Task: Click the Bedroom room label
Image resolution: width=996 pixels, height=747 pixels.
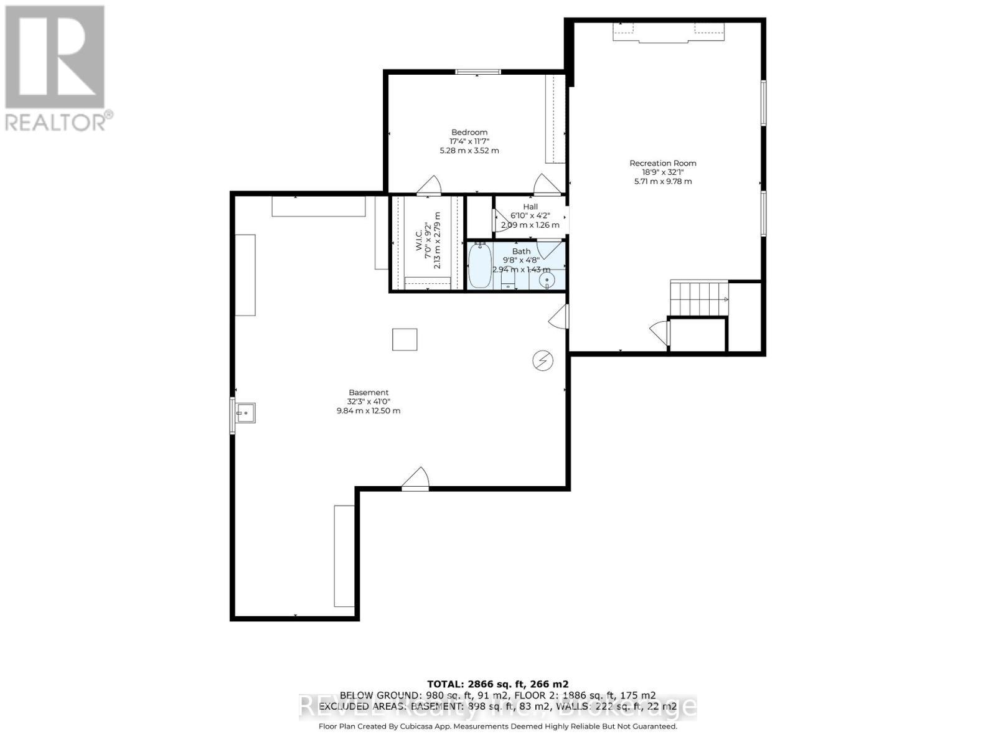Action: [469, 132]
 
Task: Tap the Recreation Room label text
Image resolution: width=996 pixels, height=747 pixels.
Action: [662, 163]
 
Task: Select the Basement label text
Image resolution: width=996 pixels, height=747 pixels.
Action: [369, 392]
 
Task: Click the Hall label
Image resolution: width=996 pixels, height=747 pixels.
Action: [530, 207]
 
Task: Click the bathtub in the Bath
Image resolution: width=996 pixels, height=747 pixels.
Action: [479, 266]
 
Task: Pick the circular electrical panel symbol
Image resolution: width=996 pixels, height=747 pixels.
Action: [543, 360]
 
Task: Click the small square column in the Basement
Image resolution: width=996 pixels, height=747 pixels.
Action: [405, 339]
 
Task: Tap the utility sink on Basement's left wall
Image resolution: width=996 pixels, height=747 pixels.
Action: [244, 413]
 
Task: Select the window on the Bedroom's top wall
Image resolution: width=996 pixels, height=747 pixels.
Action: [478, 72]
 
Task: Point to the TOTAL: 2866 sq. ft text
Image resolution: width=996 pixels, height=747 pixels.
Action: [497, 684]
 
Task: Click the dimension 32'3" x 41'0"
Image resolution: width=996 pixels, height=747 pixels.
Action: [369, 402]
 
